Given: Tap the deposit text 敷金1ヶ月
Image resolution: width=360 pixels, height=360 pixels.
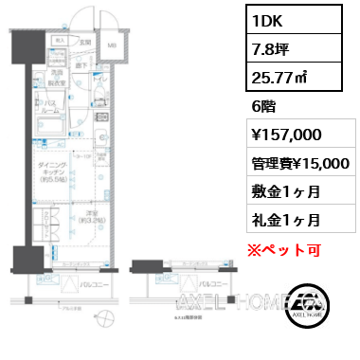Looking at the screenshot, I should click(283, 190).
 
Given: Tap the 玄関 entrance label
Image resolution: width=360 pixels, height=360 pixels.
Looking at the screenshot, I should click(83, 42).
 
